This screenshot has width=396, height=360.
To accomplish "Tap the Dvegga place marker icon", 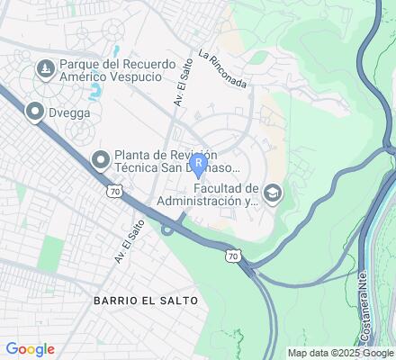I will (35, 112).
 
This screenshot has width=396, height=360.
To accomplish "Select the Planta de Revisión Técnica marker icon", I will (100, 159).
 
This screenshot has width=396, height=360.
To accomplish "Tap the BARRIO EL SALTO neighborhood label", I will (145, 297).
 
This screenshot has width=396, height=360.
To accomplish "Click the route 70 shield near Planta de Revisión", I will (112, 192).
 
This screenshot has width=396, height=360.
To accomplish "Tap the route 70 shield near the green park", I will (231, 256).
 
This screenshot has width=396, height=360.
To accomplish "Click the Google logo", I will (30, 349).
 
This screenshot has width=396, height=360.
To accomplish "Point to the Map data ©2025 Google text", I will (339, 353).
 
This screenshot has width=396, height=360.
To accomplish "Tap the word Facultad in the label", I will (220, 187).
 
